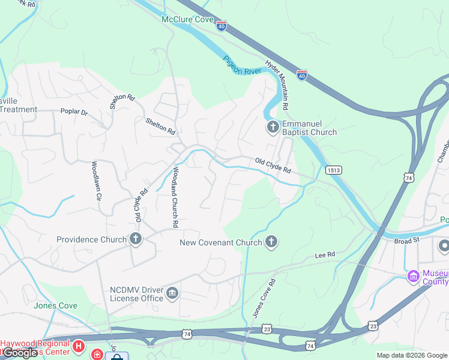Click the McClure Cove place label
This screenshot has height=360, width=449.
click(188, 20)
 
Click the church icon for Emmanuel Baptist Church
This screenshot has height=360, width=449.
click(273, 127)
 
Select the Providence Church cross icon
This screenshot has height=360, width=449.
click(136, 239)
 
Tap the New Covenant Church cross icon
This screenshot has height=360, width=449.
click(271, 242)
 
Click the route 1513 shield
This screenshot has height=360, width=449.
click(334, 170)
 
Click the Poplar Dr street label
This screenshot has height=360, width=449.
click(74, 112)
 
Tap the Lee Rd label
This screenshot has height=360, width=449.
click(325, 256)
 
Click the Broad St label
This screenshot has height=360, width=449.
click(407, 241)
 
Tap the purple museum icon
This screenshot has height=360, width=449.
click(413, 276)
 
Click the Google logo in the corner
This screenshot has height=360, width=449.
click(21, 353)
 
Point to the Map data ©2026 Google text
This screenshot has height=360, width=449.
click(412, 355)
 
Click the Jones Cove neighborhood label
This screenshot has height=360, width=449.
click(55, 305)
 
